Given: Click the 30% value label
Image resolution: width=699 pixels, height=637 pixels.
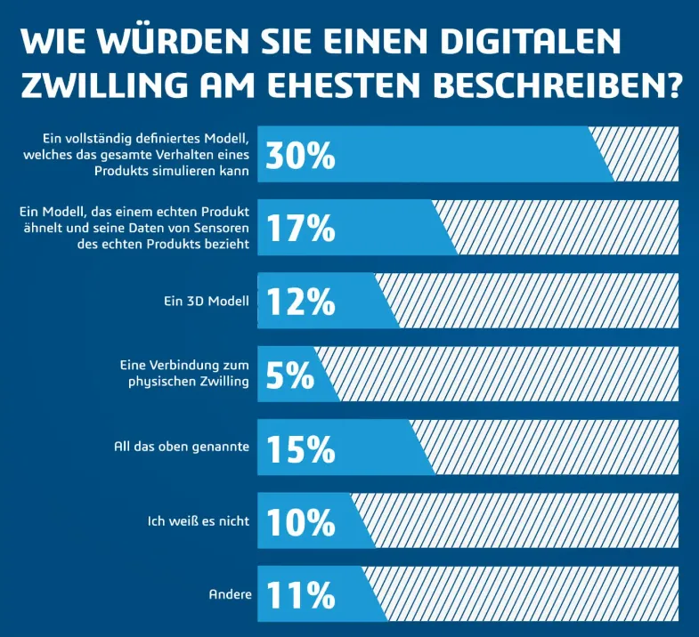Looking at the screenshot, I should (x=300, y=155).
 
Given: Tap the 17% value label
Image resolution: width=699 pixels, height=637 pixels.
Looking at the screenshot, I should (x=300, y=228).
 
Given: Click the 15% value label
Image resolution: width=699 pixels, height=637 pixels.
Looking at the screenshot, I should (x=300, y=448).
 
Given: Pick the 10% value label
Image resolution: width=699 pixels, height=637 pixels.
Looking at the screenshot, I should (x=300, y=520).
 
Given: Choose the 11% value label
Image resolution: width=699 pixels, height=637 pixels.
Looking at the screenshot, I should (x=300, y=593).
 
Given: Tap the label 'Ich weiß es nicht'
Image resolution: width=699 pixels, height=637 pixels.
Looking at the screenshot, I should (x=199, y=520).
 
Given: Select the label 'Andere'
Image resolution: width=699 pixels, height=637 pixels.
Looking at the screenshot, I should (x=231, y=593).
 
